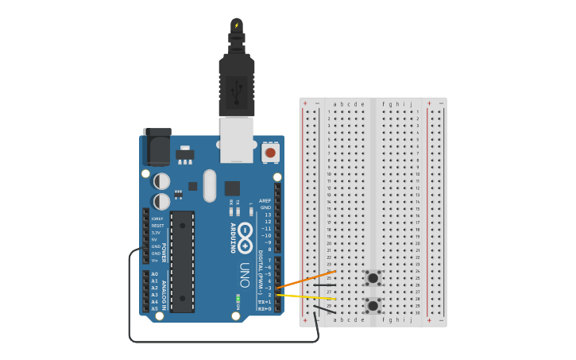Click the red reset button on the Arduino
pyautogui.click(x=270, y=152)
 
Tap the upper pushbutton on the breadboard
pyautogui.click(x=373, y=278)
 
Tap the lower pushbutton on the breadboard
pyautogui.click(x=373, y=305)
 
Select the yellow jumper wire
pyautogui.click(x=306, y=296)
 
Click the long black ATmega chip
pyautogui.click(x=182, y=261)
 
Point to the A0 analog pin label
pyautogui.click(x=155, y=273)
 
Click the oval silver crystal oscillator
pyautogui.click(x=209, y=186)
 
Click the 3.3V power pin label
pyautogui.click(x=157, y=233)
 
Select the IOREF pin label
pyautogui.click(x=157, y=219)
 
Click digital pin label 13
pyautogui.click(x=268, y=215)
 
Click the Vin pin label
pyautogui.click(x=157, y=260)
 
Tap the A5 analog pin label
pyautogui.click(x=155, y=308)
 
